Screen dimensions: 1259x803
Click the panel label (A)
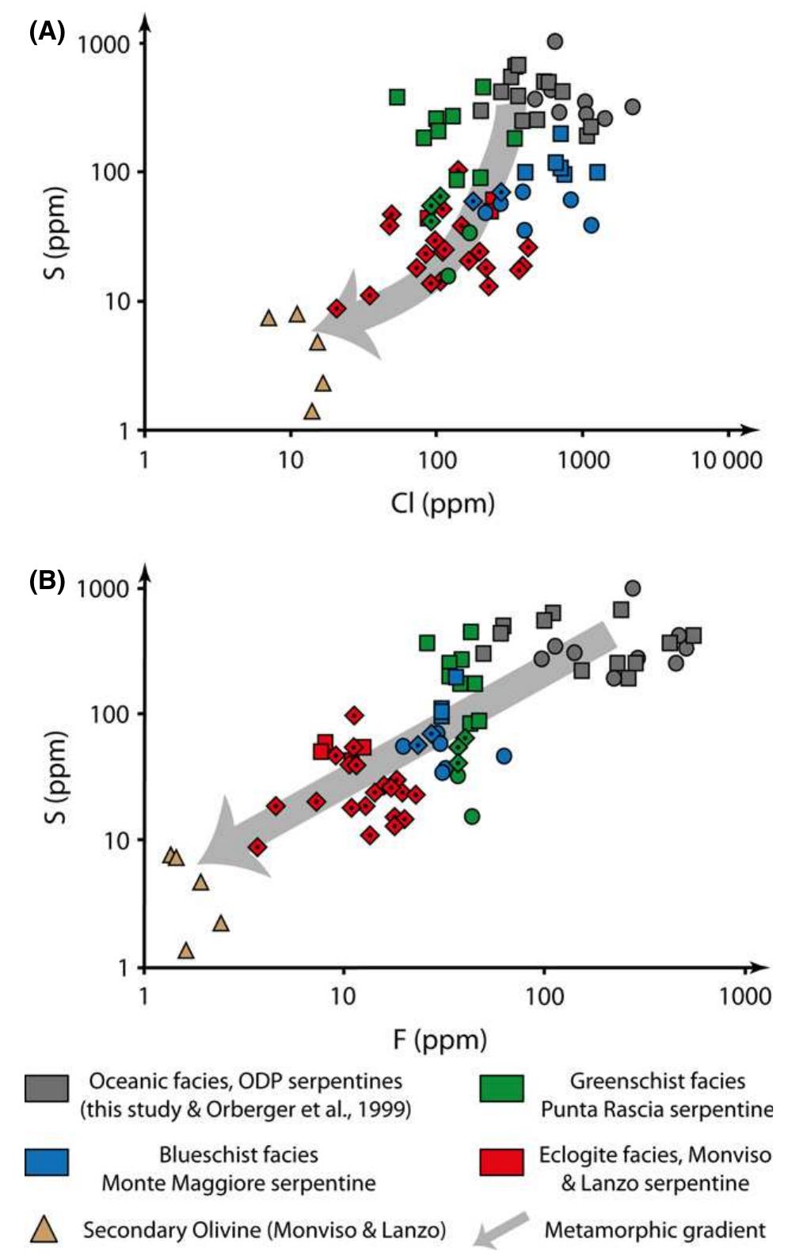tap(46, 32)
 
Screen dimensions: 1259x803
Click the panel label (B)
tap(46, 581)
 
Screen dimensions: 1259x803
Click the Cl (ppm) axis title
tap(442, 503)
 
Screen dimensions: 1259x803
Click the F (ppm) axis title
tap(440, 1039)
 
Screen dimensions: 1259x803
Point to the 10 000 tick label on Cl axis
tap(726, 460)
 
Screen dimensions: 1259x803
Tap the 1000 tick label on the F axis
tap(744, 995)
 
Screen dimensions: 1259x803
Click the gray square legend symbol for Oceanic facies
tap(46, 1089)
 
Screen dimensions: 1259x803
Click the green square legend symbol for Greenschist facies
tap(501, 1089)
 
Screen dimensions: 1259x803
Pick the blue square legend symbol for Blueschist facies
tap(46, 1162)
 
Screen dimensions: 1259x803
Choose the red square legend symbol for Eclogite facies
tap(501, 1162)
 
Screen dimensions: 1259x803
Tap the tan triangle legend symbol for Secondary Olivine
tap(44, 1230)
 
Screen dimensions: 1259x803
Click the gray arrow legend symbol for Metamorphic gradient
tap(500, 1230)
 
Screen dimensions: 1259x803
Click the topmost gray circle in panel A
tap(555, 41)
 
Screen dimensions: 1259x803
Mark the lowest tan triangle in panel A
tap(312, 412)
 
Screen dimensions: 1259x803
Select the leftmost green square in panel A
tap(398, 97)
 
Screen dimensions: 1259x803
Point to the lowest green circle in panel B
tap(472, 816)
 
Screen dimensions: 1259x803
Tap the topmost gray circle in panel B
tap(632, 588)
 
